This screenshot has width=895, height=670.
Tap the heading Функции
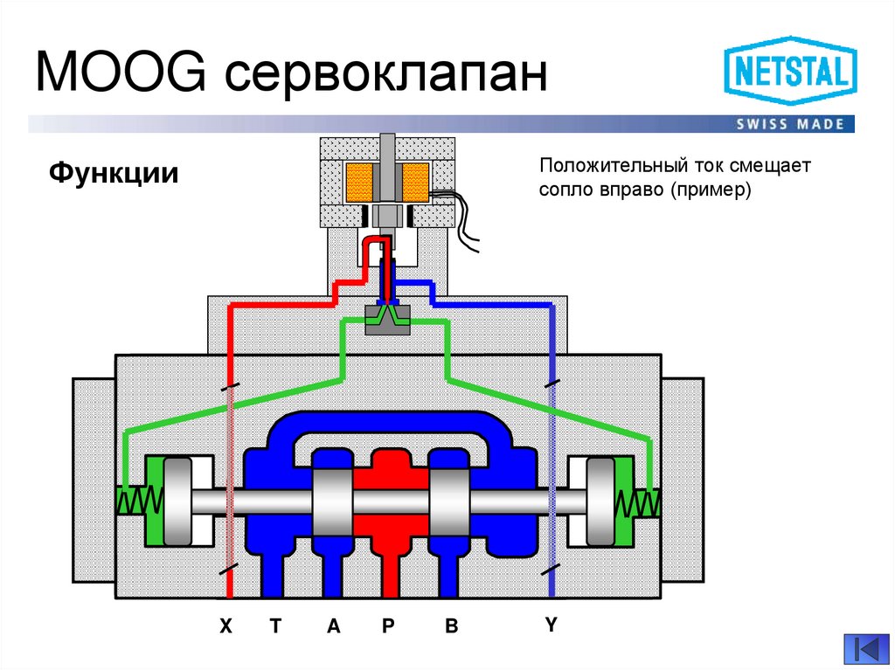click(x=114, y=172)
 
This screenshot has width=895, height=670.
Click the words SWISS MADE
click(x=790, y=124)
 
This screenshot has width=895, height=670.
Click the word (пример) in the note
click(x=711, y=190)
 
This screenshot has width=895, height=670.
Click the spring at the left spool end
click(x=137, y=501)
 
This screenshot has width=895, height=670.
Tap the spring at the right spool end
click(x=640, y=501)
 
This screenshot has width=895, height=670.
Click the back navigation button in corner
click(x=864, y=649)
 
